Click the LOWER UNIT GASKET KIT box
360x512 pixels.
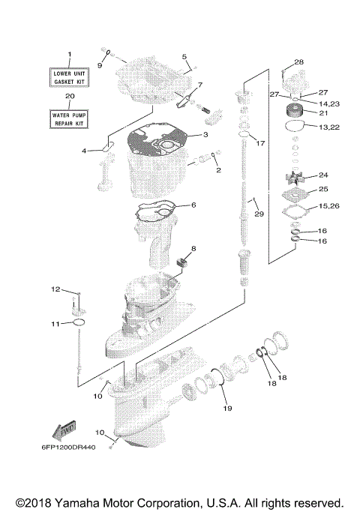[70, 77]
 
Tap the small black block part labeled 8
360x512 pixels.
[180, 262]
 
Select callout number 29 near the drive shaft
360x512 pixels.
[259, 215]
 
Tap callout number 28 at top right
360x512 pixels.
[298, 61]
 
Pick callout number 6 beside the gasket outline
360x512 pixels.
[193, 205]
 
